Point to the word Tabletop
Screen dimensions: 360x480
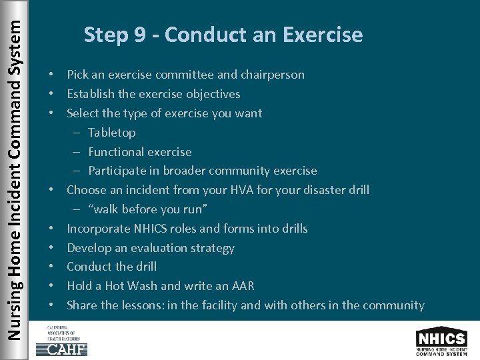(111, 133)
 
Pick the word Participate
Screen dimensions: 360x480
(117, 171)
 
